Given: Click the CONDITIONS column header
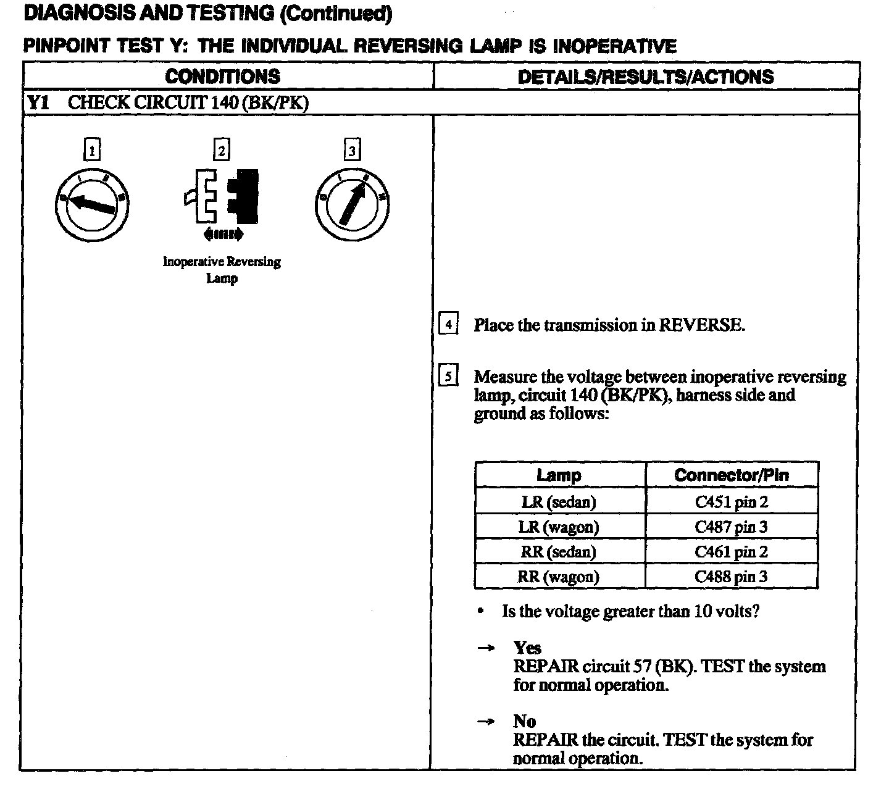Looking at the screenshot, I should [x=222, y=77].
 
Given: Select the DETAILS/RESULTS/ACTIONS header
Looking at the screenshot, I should [x=645, y=77].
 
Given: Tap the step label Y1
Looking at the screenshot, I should [x=38, y=102].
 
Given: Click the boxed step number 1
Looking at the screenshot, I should [x=92, y=150].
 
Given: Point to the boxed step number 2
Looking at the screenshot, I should [x=221, y=150].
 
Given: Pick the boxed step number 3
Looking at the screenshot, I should [x=351, y=150].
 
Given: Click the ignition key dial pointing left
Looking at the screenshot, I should [x=91, y=204].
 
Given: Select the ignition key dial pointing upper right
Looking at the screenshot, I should [x=352, y=204].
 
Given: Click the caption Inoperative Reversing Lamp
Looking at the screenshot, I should [x=222, y=270].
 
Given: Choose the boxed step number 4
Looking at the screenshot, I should [x=448, y=324].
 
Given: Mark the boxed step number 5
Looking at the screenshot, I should [x=448, y=376].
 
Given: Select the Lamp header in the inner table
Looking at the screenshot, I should [x=559, y=475].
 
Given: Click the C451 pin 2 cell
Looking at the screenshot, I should [x=732, y=502].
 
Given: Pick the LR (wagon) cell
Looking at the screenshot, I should [x=559, y=527].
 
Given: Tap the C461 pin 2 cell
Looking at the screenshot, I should [x=732, y=552].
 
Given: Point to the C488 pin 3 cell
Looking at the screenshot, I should [x=732, y=577].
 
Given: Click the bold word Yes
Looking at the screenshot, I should [x=527, y=648].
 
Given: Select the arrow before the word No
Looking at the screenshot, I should [x=486, y=721].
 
